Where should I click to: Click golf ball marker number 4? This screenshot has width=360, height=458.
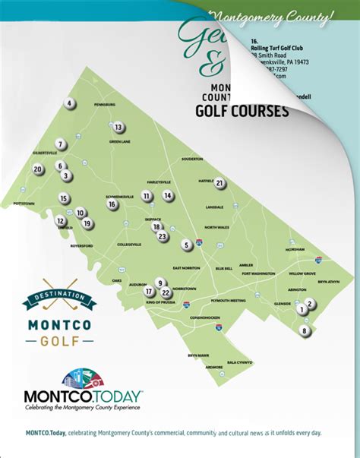point(69,104)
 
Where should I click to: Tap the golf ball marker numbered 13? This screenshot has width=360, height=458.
point(118,128)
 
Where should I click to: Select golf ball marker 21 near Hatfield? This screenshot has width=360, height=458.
point(219,183)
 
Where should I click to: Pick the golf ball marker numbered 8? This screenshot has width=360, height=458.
point(305,331)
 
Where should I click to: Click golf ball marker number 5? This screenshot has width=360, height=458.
point(186,245)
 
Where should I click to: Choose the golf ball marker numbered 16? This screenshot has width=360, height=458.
point(112,204)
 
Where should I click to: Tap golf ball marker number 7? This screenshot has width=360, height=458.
point(59,144)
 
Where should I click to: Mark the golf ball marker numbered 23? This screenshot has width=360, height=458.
point(162,236)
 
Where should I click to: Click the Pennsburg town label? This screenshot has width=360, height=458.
point(103,103)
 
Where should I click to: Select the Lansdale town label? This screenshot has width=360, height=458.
point(214,207)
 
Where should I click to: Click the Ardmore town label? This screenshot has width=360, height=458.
point(213,367)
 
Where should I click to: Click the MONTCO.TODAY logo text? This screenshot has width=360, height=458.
point(83,396)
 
